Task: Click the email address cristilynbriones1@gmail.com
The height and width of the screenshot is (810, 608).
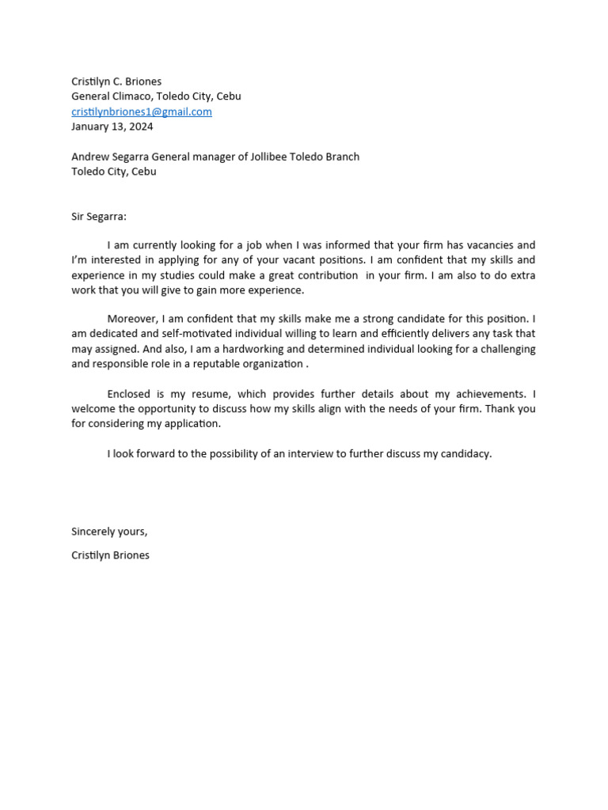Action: pyautogui.click(x=142, y=112)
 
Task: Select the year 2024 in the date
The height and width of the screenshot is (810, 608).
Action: pyautogui.click(x=141, y=127)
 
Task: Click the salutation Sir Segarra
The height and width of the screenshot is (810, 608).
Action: pyautogui.click(x=99, y=216)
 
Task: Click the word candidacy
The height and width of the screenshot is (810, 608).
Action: pyautogui.click(x=463, y=453)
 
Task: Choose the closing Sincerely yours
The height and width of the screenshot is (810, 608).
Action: pyautogui.click(x=109, y=532)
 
